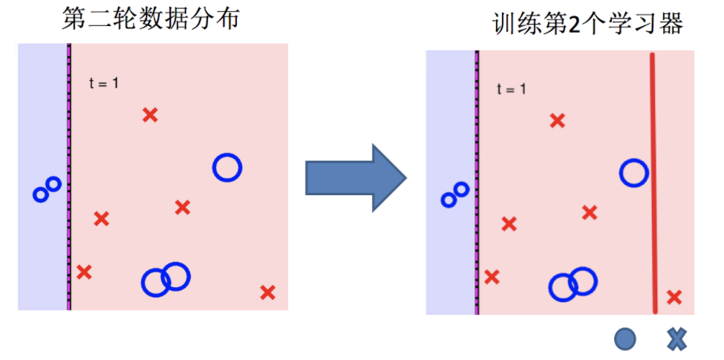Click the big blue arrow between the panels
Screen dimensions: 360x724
pyautogui.click(x=355, y=179)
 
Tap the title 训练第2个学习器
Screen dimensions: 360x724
pyautogui.click(x=587, y=24)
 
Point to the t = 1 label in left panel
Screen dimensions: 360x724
pyautogui.click(x=104, y=83)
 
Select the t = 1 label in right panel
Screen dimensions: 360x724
pyautogui.click(x=512, y=89)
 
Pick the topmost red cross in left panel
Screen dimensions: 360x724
pyautogui.click(x=150, y=114)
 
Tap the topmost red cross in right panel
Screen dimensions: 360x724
pyautogui.click(x=557, y=120)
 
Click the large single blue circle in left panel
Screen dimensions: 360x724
pyautogui.click(x=227, y=168)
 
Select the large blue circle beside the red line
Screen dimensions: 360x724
pyautogui.click(x=634, y=173)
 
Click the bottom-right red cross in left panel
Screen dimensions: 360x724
pyautogui.click(x=267, y=292)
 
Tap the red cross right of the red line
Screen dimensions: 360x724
pyautogui.click(x=674, y=298)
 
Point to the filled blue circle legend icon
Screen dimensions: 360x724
pyautogui.click(x=625, y=340)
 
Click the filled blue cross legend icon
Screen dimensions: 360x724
pyautogui.click(x=676, y=340)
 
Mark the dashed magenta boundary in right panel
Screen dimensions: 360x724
pyautogui.click(x=477, y=182)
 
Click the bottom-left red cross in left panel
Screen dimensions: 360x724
pyautogui.click(x=84, y=272)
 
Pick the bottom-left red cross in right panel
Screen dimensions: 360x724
pyautogui.click(x=492, y=277)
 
